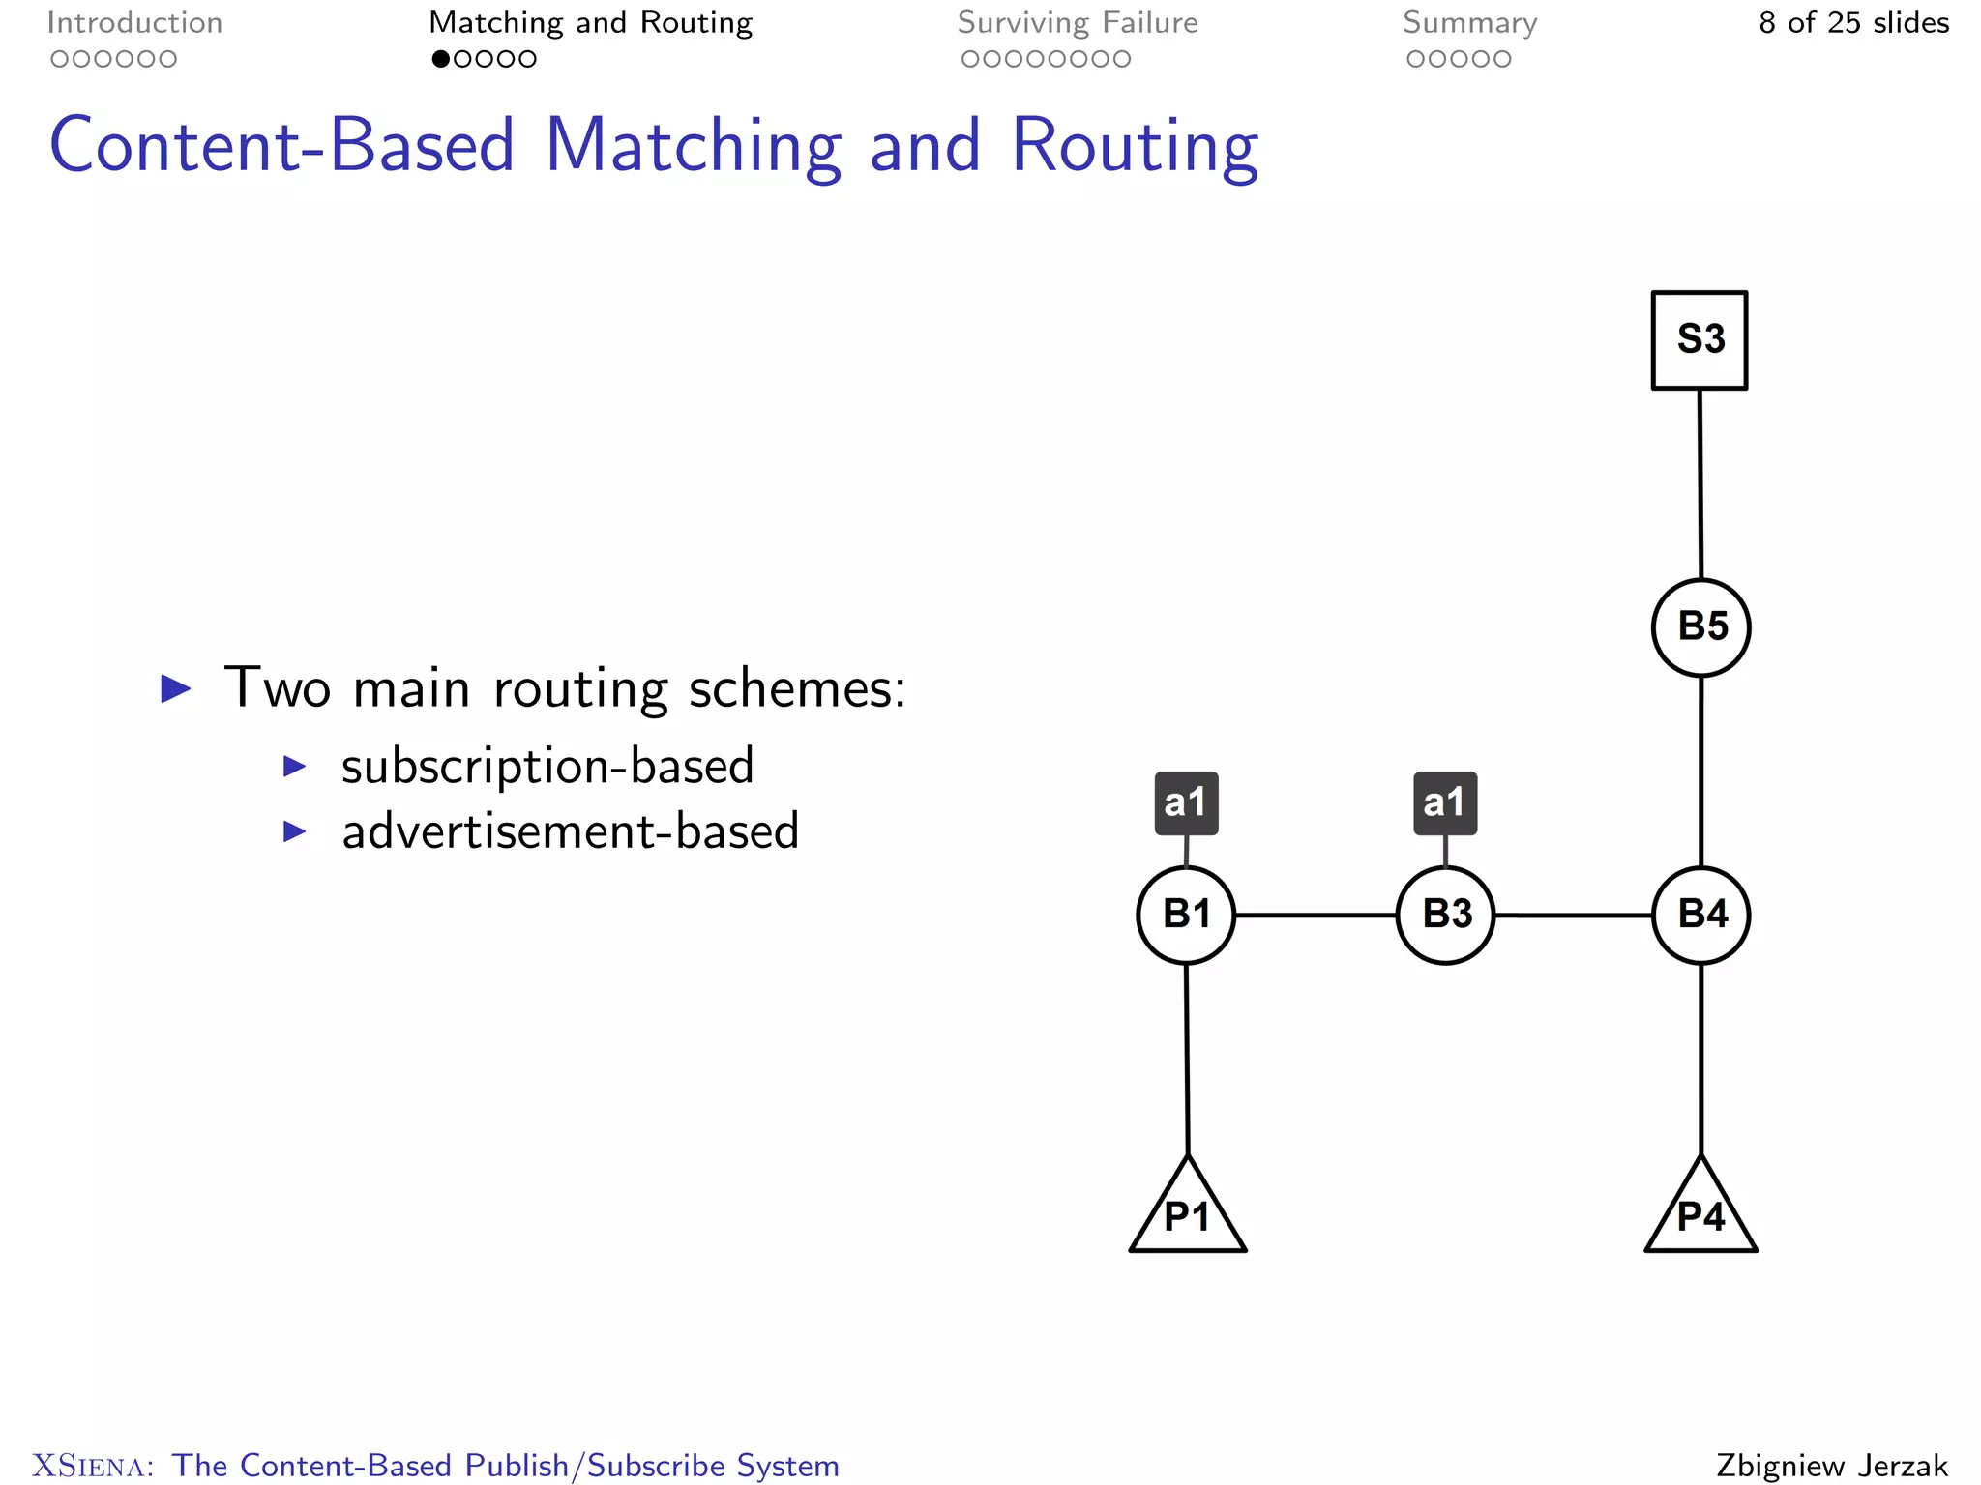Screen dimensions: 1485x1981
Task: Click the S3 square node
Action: tap(1699, 340)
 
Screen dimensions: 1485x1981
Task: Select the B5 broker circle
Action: tap(1700, 627)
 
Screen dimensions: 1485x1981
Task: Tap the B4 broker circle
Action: tap(1700, 915)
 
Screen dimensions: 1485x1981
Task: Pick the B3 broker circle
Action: tap(1445, 915)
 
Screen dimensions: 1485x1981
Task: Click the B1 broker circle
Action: tap(1186, 915)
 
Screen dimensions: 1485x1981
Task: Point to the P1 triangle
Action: tap(1188, 1214)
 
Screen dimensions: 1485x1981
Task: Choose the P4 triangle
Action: tap(1700, 1214)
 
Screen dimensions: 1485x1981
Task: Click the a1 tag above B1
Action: tap(1186, 802)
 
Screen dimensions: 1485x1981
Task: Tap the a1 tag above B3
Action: tap(1445, 802)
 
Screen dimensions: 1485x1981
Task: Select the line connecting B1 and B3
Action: tap(1316, 915)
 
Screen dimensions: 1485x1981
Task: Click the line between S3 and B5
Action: tap(1700, 483)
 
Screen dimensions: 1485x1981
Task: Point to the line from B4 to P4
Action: tap(1700, 1059)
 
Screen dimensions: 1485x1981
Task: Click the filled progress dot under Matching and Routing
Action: tap(440, 59)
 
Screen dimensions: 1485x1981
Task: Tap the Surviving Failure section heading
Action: tap(1078, 22)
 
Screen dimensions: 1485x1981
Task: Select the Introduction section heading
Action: tap(134, 22)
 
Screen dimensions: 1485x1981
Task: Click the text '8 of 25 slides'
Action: tap(1853, 22)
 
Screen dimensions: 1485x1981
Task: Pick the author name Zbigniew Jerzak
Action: tap(1832, 1466)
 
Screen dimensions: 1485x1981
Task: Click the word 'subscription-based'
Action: tap(547, 766)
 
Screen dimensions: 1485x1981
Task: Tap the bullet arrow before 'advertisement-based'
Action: tap(294, 831)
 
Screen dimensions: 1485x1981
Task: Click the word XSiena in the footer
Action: tap(92, 1466)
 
